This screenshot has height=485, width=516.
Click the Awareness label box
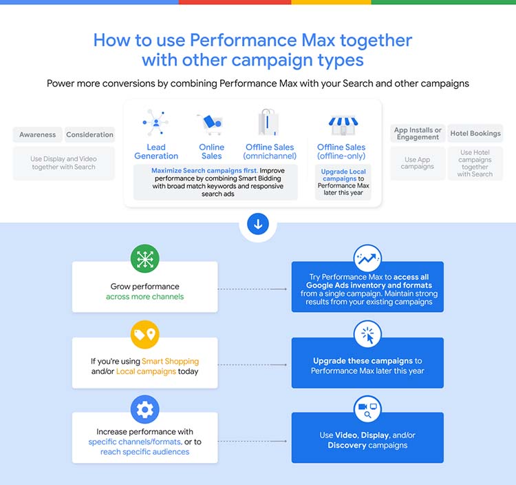[37, 135]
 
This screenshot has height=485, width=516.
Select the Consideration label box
[89, 135]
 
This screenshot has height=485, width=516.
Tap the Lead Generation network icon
[155, 122]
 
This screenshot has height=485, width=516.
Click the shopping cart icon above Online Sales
[210, 124]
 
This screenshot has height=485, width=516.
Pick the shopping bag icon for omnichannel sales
[268, 123]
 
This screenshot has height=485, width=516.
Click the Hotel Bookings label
[475, 134]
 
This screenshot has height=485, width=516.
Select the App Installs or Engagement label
[418, 134]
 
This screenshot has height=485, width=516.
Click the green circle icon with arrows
[144, 258]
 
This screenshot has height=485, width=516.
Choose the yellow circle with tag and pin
[144, 334]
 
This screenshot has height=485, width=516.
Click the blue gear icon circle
[144, 410]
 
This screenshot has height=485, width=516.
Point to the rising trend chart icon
[367, 258]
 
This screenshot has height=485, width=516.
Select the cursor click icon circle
[367, 335]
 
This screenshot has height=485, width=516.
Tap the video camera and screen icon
[367, 410]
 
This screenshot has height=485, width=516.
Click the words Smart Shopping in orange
[170, 361]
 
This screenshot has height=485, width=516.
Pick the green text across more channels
[144, 297]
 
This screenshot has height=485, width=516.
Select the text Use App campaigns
[418, 163]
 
